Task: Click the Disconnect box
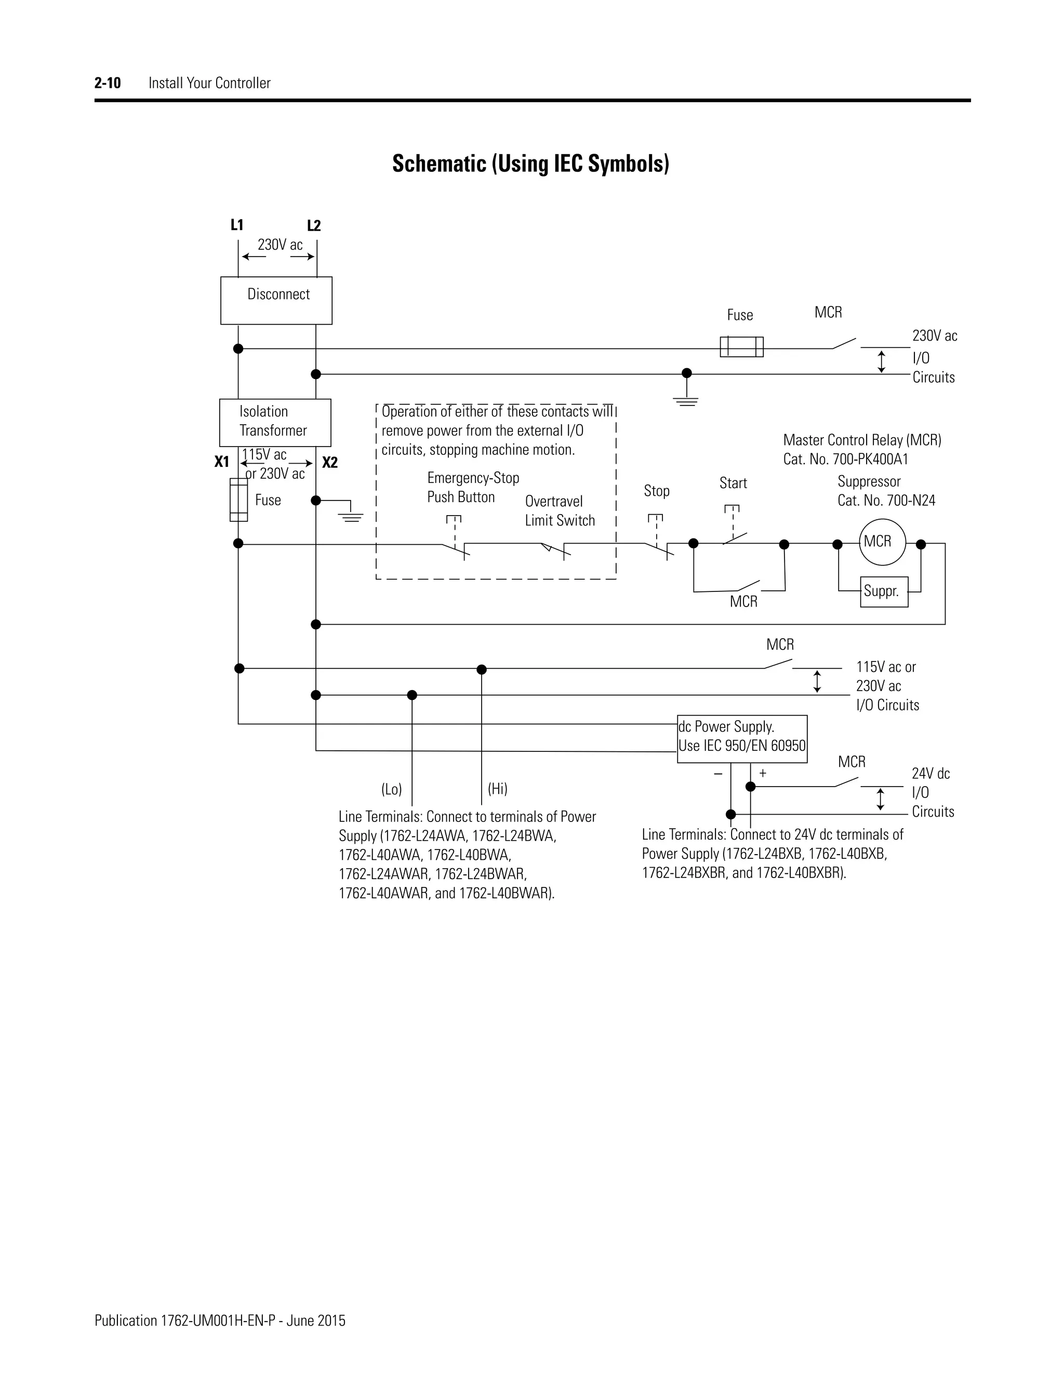point(276,301)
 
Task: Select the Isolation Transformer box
point(275,422)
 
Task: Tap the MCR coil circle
point(882,542)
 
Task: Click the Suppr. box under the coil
point(884,591)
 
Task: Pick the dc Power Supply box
point(742,738)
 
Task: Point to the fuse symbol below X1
point(238,500)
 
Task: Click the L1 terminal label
point(237,225)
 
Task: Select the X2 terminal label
point(330,463)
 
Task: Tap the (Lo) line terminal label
point(391,789)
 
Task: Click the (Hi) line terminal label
point(497,788)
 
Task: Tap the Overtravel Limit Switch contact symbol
point(555,549)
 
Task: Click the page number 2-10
point(108,83)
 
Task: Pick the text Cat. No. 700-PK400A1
point(845,460)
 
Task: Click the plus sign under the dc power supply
point(763,773)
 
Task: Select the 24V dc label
point(930,773)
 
